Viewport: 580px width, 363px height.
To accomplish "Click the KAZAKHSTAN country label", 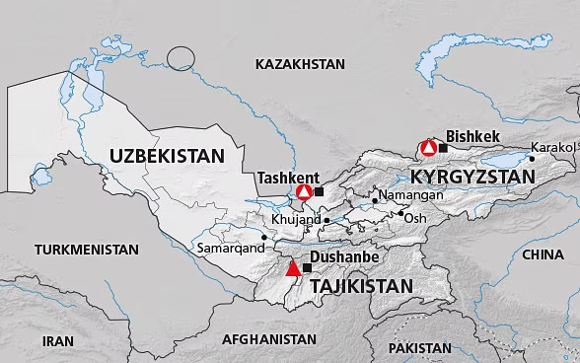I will (x=299, y=64).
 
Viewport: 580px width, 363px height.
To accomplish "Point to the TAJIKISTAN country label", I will (x=360, y=286).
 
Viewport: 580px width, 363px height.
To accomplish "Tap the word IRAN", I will (x=58, y=339).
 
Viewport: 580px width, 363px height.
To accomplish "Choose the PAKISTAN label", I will (x=419, y=348).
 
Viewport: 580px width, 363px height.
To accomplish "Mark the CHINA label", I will (x=543, y=254).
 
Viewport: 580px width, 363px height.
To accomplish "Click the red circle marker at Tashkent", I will (x=305, y=191).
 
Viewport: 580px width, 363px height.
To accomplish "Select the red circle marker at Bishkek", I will (x=428, y=148).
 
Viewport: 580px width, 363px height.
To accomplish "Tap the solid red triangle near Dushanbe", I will (x=292, y=268).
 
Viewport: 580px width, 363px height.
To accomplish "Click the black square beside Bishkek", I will (x=443, y=148).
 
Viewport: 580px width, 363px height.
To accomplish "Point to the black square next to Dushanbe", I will (x=307, y=267).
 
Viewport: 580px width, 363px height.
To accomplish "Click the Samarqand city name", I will (x=231, y=249).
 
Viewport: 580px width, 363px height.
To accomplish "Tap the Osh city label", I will (x=416, y=217).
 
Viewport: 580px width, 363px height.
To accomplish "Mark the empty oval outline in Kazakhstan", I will (x=182, y=58).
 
